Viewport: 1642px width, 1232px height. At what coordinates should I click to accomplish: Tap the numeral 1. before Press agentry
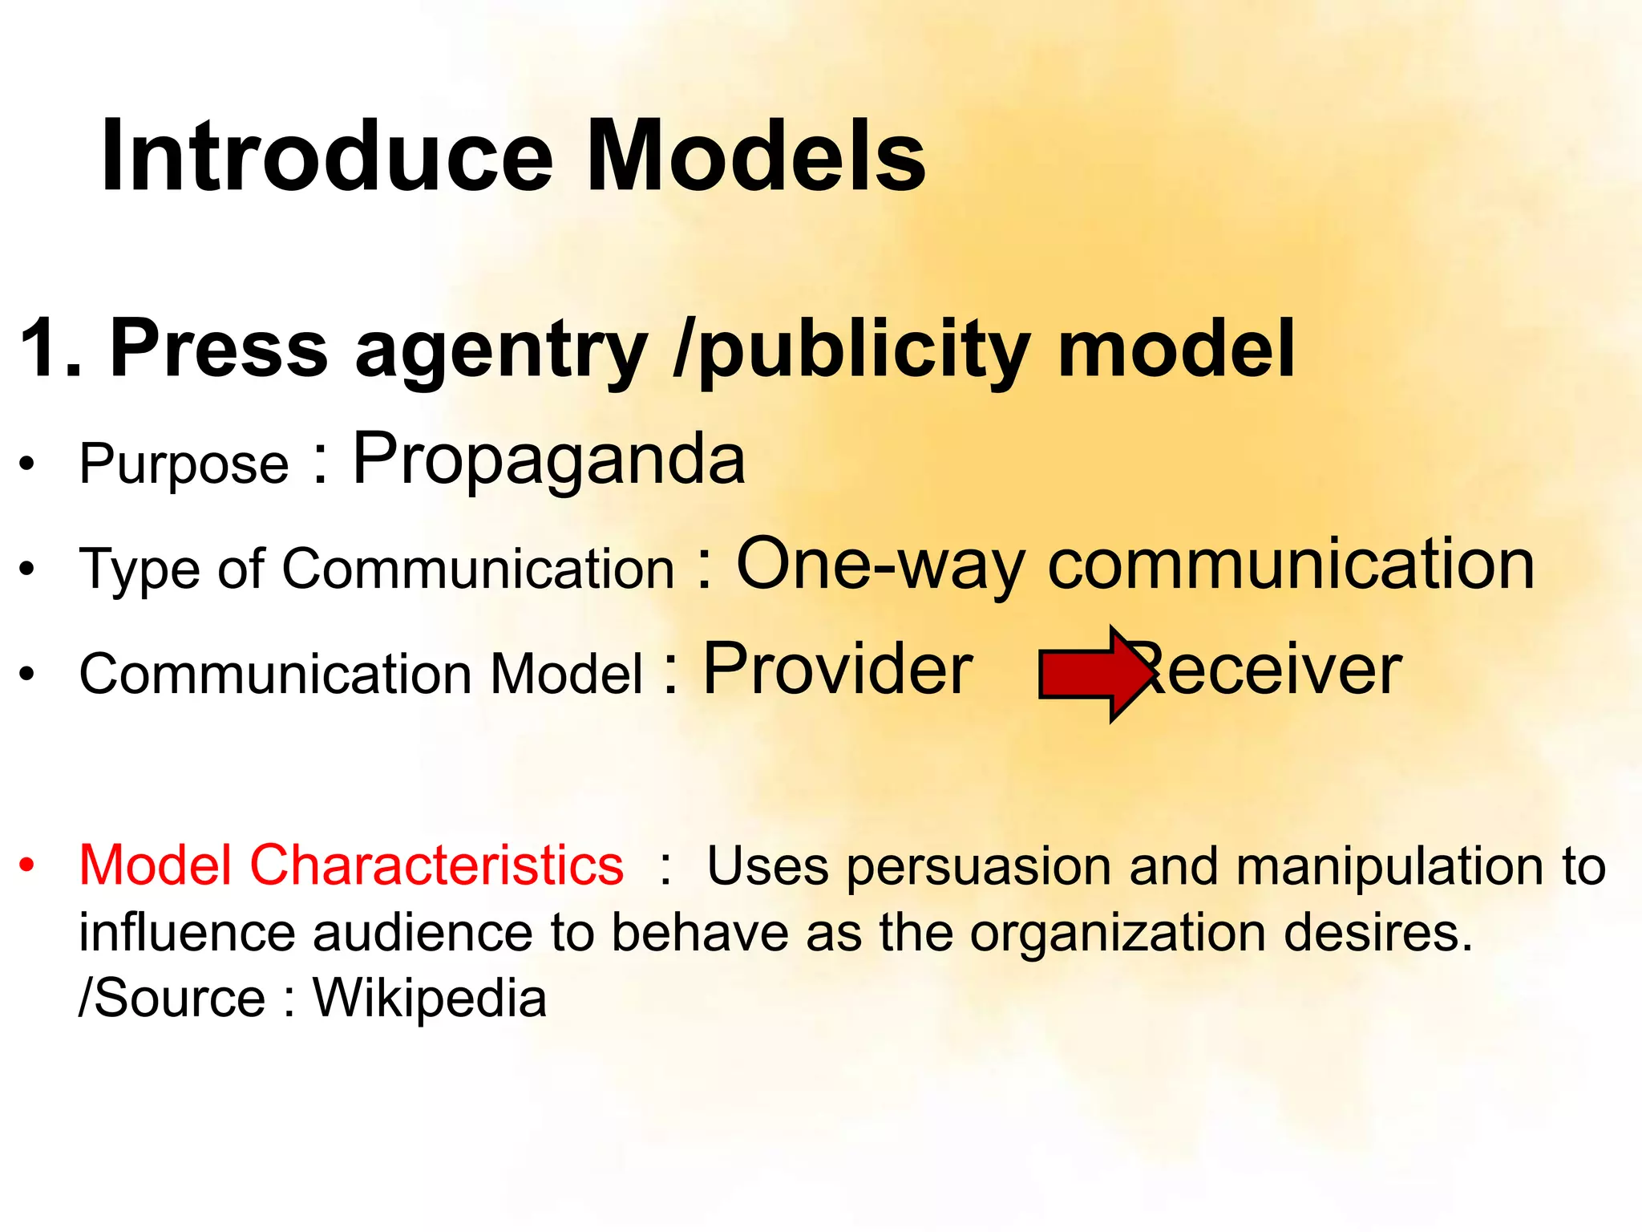click(51, 348)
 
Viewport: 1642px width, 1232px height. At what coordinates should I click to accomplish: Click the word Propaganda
click(549, 460)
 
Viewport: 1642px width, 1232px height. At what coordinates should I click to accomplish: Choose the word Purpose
click(184, 464)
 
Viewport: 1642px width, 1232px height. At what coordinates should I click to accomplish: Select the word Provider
click(838, 669)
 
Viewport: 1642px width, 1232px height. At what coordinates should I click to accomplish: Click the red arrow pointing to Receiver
click(1094, 674)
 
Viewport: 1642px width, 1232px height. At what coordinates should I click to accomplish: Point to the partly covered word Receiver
click(1275, 671)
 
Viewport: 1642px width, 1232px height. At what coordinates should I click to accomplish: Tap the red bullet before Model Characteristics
click(28, 865)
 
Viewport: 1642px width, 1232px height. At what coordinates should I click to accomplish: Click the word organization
click(1118, 934)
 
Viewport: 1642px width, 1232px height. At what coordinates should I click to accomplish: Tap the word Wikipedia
click(430, 999)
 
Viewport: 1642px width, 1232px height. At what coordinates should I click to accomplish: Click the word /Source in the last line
click(172, 999)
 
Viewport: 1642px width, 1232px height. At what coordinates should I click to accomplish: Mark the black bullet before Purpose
click(28, 464)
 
